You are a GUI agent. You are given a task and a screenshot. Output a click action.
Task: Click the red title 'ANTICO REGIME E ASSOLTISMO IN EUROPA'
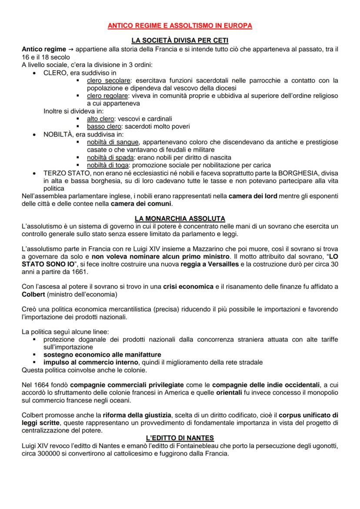point(180,26)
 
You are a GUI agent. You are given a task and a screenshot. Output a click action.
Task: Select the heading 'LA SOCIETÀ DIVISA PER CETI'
point(180,41)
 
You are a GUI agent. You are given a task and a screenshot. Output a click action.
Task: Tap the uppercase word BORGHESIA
point(290,173)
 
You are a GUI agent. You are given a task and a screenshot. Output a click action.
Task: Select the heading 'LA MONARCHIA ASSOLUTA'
point(180,218)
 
